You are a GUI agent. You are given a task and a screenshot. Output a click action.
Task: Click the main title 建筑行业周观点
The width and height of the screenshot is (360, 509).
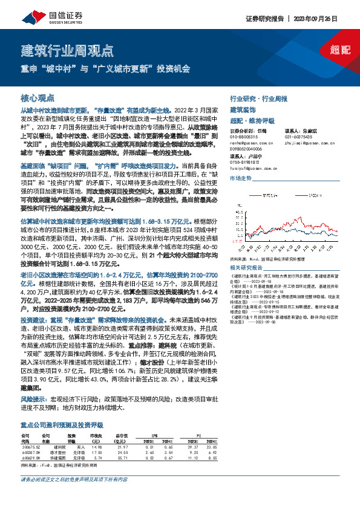tap(67, 50)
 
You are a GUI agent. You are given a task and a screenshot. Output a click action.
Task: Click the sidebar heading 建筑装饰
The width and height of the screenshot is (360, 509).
tap(243, 109)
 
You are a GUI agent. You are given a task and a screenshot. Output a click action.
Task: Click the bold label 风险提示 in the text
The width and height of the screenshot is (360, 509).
tap(32, 399)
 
